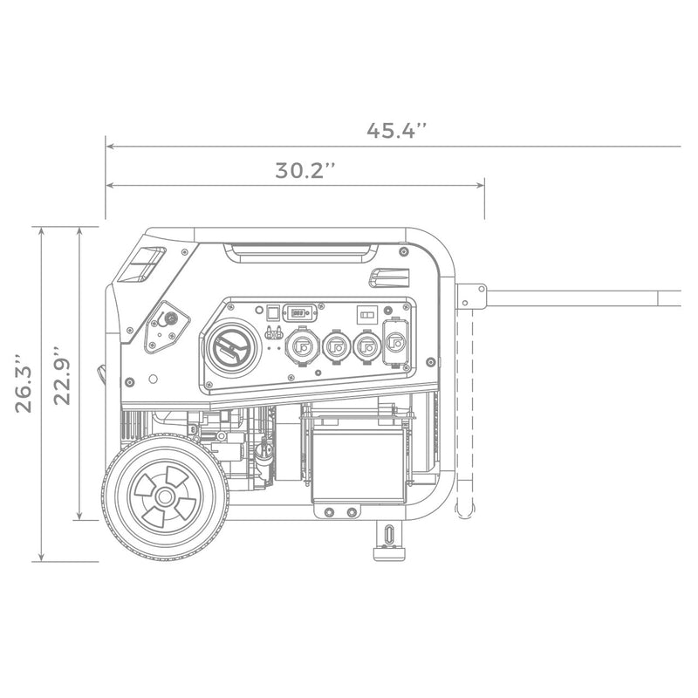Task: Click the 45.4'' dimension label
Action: point(396,131)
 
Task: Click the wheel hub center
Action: point(164,496)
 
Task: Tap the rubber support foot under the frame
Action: point(387,540)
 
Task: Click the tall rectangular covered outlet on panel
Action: point(397,345)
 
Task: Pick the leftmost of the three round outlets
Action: point(301,346)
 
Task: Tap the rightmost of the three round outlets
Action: point(367,346)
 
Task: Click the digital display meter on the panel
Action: point(299,311)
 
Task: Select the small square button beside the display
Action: point(271,311)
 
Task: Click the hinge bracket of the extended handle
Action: point(470,297)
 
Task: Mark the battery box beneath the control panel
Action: point(359,463)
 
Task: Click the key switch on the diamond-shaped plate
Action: point(170,319)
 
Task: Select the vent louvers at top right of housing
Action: point(388,277)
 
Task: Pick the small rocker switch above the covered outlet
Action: point(367,311)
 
